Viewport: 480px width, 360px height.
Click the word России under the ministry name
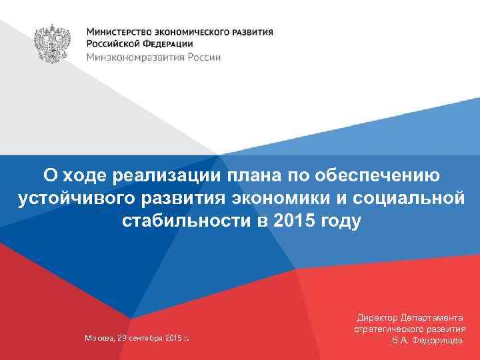[201, 57]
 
